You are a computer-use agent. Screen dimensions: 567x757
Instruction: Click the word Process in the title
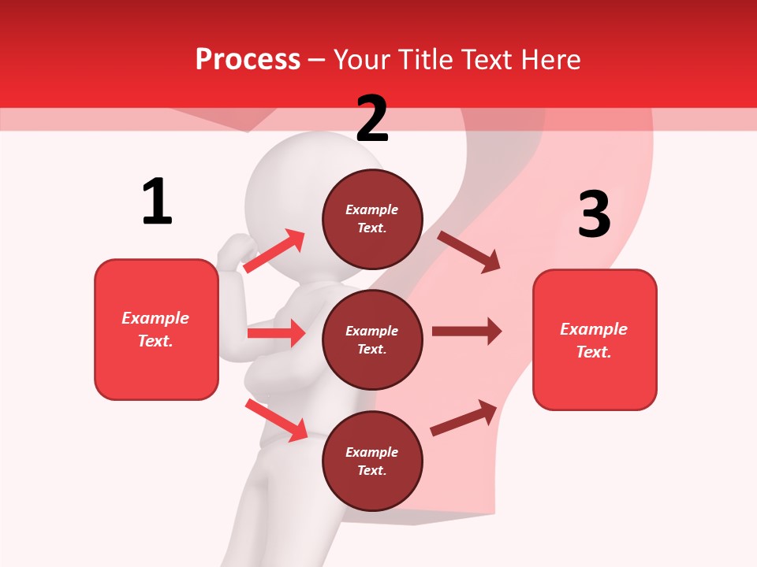coord(248,60)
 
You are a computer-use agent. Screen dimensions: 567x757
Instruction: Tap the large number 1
coord(157,202)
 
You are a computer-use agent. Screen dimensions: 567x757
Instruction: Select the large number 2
coord(372,119)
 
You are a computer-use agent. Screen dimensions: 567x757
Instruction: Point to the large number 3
coord(594,214)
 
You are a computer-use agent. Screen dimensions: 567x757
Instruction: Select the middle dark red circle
coord(372,339)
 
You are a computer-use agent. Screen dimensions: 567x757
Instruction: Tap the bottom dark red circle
coord(372,461)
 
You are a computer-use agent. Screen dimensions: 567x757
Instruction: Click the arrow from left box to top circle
coord(274,250)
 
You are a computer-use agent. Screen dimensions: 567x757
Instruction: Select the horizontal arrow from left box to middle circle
coord(276,333)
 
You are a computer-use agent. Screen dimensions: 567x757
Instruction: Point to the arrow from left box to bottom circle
coord(276,420)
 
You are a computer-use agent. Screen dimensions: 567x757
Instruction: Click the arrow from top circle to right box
coord(469,252)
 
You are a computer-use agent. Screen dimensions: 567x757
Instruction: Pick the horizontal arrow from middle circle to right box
coord(467,332)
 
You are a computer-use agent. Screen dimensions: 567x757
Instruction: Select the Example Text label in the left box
coord(155,329)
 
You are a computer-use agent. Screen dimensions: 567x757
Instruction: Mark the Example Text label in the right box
coord(594,340)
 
